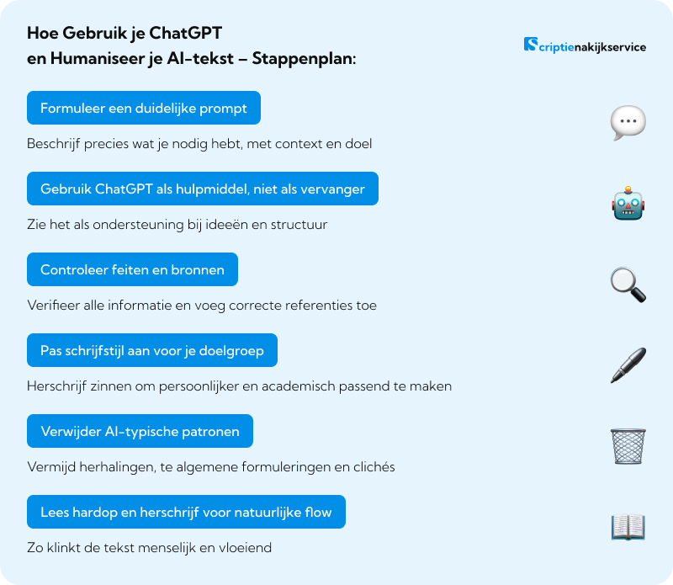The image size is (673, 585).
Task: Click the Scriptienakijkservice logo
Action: coord(585,46)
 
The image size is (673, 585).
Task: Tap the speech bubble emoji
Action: coord(628,124)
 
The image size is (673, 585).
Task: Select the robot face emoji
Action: coord(628,205)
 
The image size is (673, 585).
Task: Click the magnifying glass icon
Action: coord(628,285)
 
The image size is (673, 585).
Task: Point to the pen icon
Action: coord(628,365)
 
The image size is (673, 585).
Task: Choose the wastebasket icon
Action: coord(628,446)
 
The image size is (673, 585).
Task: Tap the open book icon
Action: coord(628,527)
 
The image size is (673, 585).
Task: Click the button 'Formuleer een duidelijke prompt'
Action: coord(144,108)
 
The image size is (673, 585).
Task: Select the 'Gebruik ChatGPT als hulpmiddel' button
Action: coord(203,189)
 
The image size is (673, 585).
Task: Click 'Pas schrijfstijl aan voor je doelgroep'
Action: coord(152,350)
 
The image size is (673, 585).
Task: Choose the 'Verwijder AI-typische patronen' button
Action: coord(140,431)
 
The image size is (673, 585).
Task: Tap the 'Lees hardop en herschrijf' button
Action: coord(187,512)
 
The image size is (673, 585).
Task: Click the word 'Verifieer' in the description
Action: coord(53,306)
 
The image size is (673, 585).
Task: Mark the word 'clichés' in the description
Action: coord(371,467)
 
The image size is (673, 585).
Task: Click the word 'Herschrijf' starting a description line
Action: coord(57,386)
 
